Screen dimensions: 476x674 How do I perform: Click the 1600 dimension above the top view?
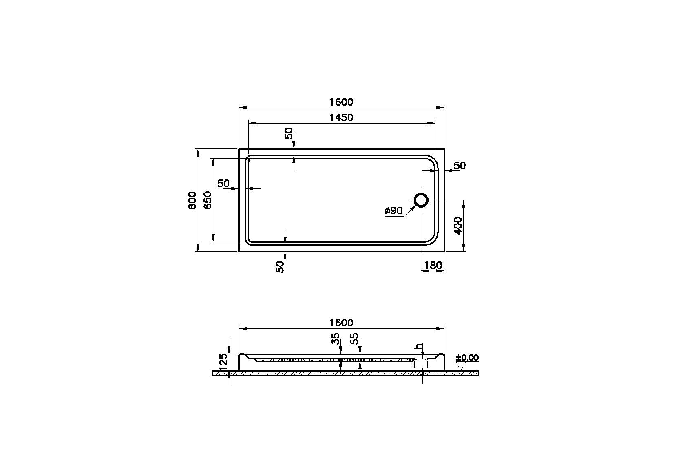click(x=341, y=102)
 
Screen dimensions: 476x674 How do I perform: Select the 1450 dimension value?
click(x=341, y=117)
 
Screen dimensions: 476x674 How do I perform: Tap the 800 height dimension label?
click(x=192, y=200)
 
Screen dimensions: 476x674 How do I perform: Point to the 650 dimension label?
click(x=208, y=200)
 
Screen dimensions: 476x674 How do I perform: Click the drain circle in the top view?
click(x=421, y=200)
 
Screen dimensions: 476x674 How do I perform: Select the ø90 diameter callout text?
click(x=393, y=210)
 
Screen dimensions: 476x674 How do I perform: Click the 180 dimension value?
click(x=433, y=266)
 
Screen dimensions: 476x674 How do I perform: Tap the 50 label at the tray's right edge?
click(x=460, y=166)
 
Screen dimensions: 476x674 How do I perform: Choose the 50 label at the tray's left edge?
click(x=223, y=184)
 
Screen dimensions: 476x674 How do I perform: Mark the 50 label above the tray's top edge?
click(x=289, y=133)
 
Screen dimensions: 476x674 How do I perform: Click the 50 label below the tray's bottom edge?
click(x=280, y=267)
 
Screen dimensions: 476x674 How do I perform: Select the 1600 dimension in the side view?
click(x=341, y=323)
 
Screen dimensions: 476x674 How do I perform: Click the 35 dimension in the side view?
click(x=336, y=339)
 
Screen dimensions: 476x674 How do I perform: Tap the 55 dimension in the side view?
click(x=355, y=339)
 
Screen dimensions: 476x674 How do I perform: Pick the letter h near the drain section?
click(x=417, y=346)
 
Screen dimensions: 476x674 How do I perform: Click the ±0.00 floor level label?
click(x=467, y=358)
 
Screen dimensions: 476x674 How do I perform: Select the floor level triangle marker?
click(x=461, y=366)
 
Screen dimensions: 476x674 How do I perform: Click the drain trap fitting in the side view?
click(x=418, y=364)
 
